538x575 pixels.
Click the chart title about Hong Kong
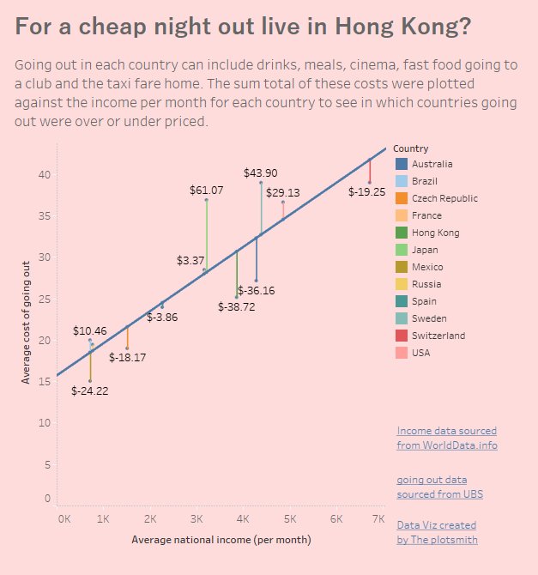coord(243,27)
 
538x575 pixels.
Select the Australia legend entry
coord(432,164)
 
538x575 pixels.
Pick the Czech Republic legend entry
coord(444,198)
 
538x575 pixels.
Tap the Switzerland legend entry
coord(438,336)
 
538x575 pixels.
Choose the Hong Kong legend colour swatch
coord(401,233)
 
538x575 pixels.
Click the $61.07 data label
coord(206,190)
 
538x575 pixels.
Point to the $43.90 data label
coord(260,172)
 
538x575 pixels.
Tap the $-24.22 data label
coord(90,390)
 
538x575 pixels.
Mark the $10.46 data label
coord(90,330)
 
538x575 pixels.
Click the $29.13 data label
coord(283,193)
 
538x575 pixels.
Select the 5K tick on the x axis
coord(290,519)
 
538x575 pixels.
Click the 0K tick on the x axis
coord(64,519)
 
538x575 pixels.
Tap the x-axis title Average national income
coord(221,540)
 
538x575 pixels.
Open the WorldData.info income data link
coord(446,438)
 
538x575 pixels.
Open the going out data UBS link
coord(438,487)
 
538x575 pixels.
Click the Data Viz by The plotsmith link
coord(437,532)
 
